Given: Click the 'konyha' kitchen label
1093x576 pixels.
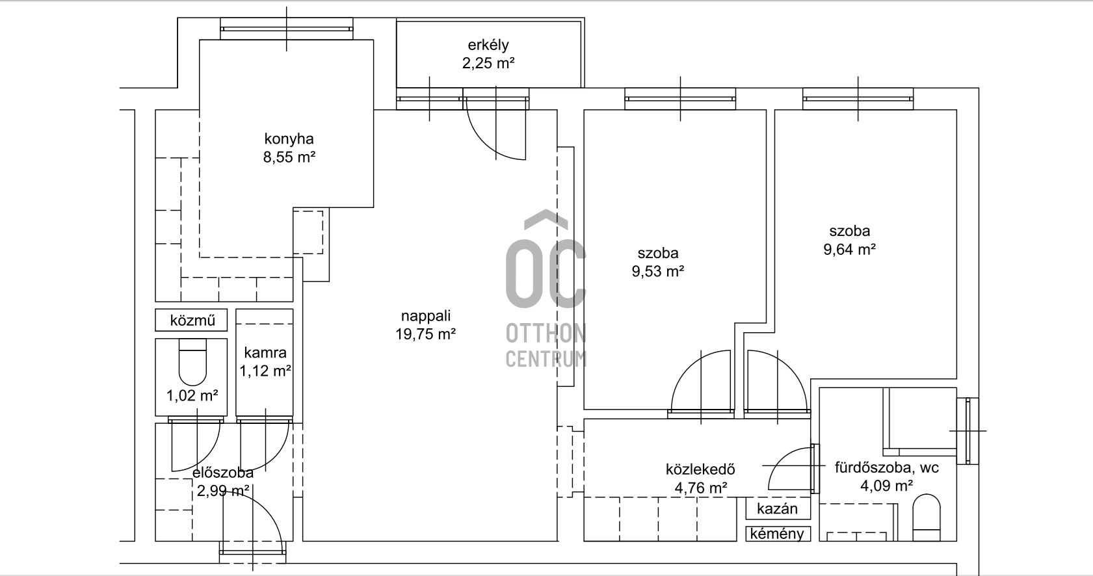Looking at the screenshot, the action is [x=289, y=139].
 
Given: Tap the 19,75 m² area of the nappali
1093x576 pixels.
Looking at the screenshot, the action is [x=425, y=335].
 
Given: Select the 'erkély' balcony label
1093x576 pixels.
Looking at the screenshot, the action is [x=488, y=46].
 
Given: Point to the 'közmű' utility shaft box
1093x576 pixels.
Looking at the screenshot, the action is [x=191, y=320].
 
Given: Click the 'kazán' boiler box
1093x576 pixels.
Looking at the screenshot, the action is [x=778, y=508].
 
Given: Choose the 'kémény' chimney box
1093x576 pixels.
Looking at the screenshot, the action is [x=778, y=534].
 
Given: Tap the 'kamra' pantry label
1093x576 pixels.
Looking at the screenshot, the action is [x=265, y=352].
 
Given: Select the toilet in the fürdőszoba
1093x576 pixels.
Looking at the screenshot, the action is [x=926, y=517].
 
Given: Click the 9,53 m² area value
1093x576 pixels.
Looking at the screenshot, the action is [x=658, y=272].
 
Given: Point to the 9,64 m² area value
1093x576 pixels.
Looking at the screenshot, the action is [x=850, y=250].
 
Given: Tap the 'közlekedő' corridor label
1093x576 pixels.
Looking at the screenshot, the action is [x=700, y=469].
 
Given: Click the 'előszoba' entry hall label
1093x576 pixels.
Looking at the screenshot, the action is [x=223, y=473].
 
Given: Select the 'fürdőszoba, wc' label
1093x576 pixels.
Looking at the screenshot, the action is [x=887, y=467].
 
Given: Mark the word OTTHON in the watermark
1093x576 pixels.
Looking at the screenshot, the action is [x=546, y=334].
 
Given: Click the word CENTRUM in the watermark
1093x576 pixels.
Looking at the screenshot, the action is [x=546, y=359].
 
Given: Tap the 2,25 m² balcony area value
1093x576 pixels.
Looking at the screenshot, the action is [x=488, y=64].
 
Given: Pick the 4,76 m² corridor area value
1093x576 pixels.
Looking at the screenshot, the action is [x=701, y=488].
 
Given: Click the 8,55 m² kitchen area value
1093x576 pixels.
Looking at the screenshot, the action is [x=289, y=157].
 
